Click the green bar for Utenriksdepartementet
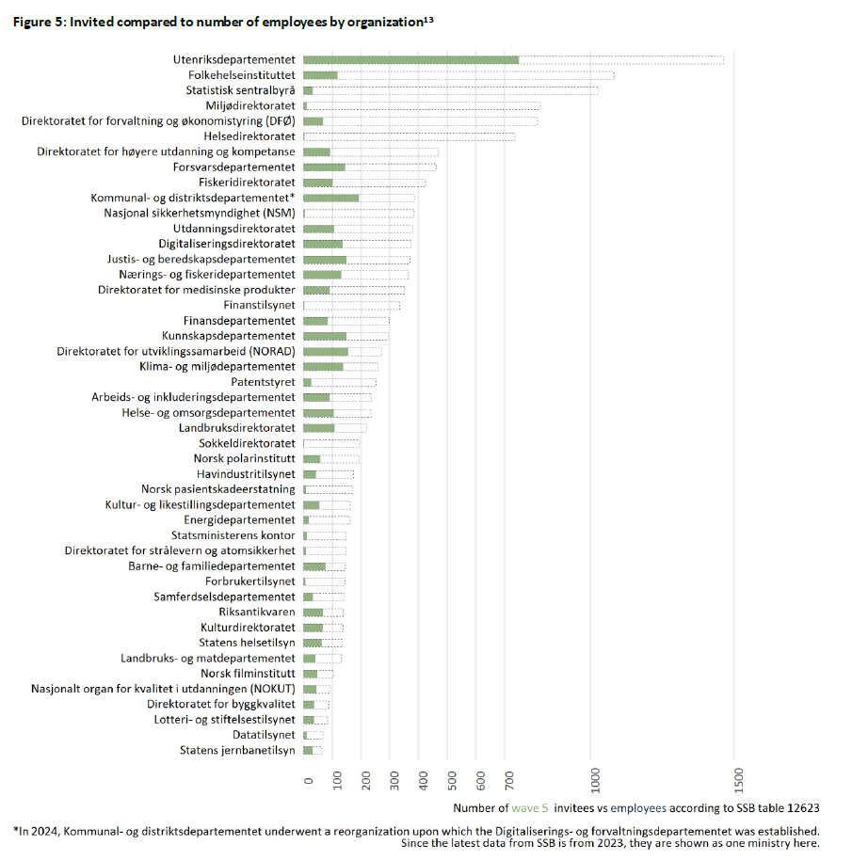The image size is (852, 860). pos(410,59)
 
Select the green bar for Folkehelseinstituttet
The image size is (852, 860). pos(320,75)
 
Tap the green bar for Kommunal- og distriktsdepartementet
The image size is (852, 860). pos(330,198)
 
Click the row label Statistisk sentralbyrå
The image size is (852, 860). pos(240,90)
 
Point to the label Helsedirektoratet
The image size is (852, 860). pos(249,136)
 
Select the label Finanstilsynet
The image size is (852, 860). pos(259,305)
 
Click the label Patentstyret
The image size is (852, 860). pos(263,382)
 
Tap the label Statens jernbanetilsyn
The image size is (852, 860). pos(237,750)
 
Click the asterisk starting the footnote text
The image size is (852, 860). pos(16,830)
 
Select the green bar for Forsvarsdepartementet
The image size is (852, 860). pos(324,167)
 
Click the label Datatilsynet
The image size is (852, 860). pos(264,735)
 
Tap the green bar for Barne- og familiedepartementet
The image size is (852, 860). pos(314,566)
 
